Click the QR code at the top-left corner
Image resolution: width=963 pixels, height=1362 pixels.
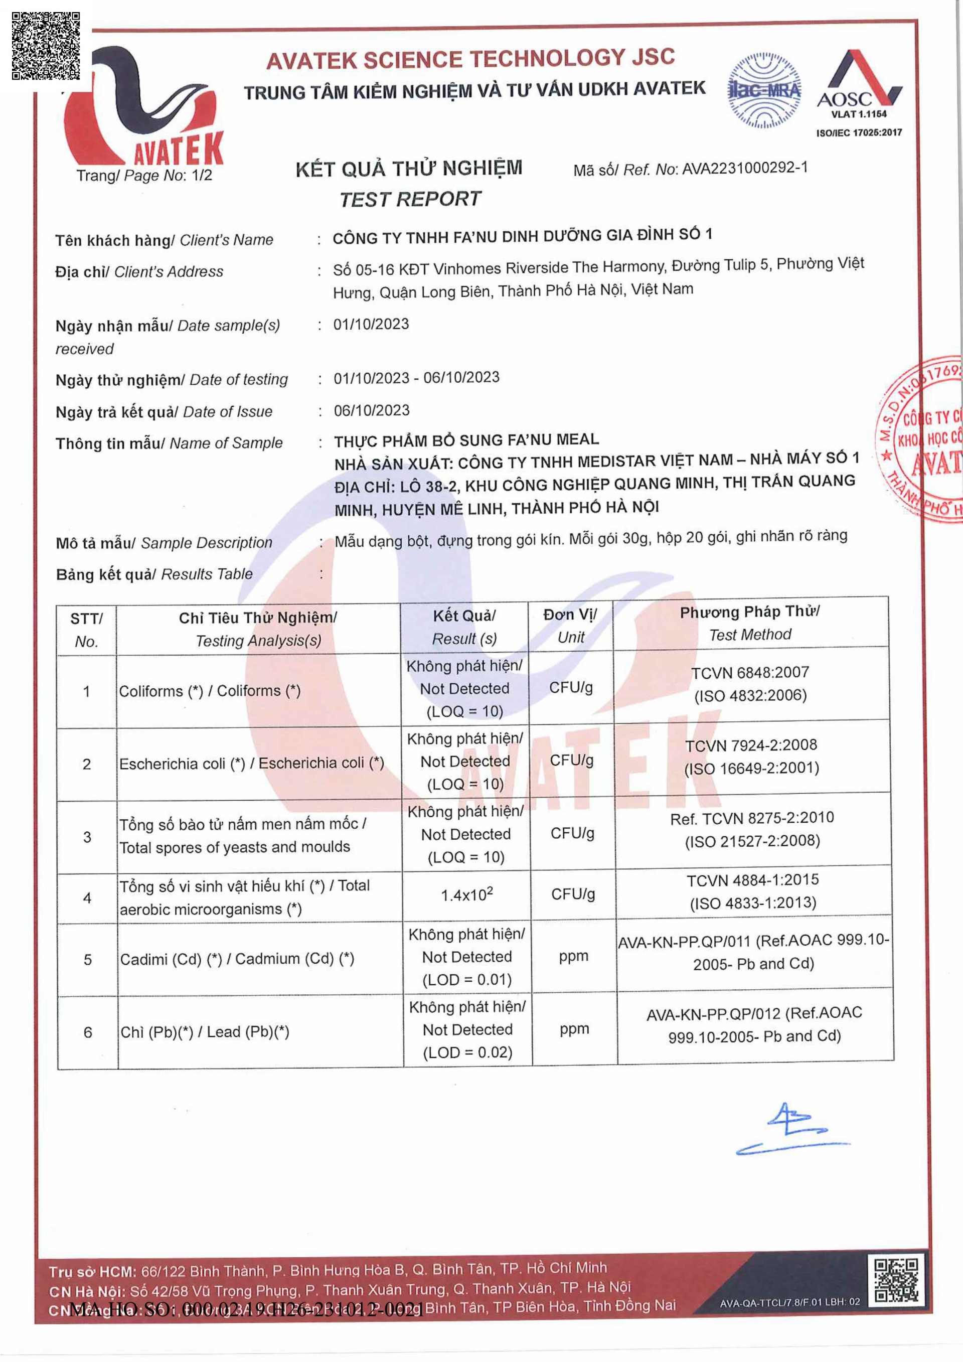[x=46, y=46]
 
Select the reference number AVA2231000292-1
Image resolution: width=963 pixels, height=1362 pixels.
[x=745, y=169]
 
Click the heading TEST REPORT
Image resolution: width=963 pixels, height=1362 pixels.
[x=410, y=199]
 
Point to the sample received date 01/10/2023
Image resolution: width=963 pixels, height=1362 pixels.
[x=371, y=325]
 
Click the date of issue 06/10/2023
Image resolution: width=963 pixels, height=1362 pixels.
[x=372, y=410]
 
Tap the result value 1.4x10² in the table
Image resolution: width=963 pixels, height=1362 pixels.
[x=466, y=894]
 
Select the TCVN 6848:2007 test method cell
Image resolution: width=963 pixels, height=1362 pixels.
[x=750, y=684]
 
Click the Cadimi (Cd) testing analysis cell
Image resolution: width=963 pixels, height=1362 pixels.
[x=237, y=959]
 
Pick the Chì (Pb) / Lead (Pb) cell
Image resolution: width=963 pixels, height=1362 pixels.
[x=205, y=1032]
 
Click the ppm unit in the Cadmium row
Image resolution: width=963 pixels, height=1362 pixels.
[x=573, y=956]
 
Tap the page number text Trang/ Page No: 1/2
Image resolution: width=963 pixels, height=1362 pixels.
[x=144, y=176]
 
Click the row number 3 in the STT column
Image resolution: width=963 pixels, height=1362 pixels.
[x=87, y=837]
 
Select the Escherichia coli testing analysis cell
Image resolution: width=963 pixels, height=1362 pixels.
[x=251, y=764]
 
